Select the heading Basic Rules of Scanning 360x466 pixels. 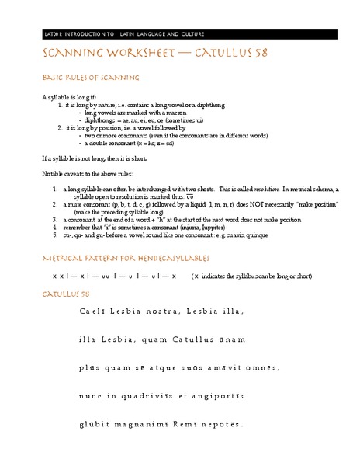(92, 78)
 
